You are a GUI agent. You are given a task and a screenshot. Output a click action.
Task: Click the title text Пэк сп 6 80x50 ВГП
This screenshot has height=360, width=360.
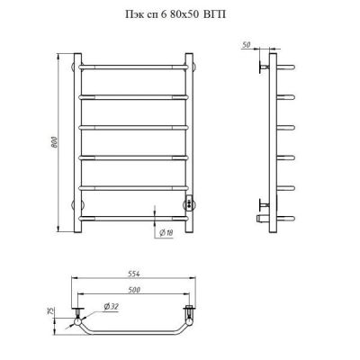[x=175, y=14]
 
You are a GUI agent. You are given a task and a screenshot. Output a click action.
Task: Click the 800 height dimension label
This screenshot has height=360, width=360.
[x=54, y=142]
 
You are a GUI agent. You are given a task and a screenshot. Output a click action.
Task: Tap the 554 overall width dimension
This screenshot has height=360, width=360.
[x=133, y=274]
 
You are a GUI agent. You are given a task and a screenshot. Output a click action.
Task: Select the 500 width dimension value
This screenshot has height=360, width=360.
[x=134, y=290]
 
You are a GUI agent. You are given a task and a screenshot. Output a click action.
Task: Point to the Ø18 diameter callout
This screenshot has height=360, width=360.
[x=166, y=232]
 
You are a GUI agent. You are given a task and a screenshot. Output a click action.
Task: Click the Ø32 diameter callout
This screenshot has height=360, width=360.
[x=112, y=307]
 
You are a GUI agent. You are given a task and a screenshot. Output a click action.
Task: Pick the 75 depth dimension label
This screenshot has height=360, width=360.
[x=50, y=310]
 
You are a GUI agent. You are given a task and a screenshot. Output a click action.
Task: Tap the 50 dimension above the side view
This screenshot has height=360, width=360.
[x=246, y=45]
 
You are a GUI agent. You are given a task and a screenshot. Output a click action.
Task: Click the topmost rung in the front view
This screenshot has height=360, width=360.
[x=134, y=67]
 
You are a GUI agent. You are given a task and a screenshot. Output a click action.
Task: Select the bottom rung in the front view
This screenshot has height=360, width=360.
[x=134, y=218]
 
